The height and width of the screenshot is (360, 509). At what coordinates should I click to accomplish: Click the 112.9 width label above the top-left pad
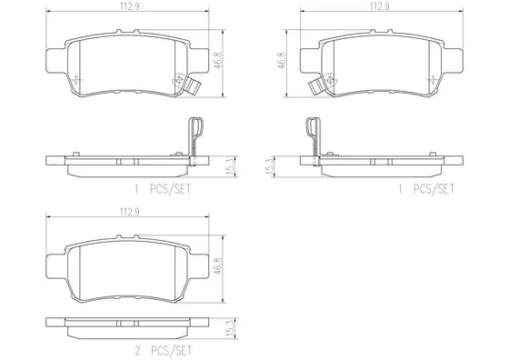tap(129, 6)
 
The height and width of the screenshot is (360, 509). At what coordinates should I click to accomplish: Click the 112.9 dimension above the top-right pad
tap(380, 6)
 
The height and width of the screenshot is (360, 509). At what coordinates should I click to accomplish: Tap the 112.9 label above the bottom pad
tap(129, 212)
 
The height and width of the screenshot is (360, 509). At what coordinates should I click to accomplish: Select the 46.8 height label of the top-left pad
tap(219, 60)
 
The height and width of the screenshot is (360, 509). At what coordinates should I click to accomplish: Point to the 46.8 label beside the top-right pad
tap(282, 60)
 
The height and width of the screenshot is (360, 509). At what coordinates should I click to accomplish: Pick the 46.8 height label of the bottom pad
tap(219, 265)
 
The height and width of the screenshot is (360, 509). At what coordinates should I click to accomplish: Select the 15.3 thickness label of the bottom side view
tap(231, 329)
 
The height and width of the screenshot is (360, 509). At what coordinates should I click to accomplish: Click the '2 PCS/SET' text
tap(163, 351)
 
